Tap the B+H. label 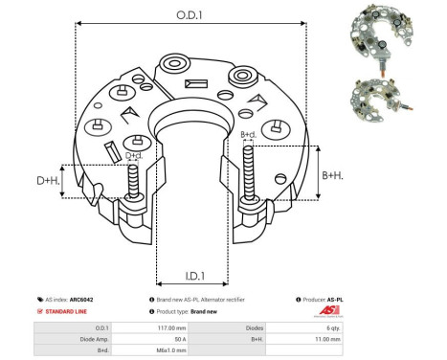332,175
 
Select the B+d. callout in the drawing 248,135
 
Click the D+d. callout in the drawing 135,155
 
